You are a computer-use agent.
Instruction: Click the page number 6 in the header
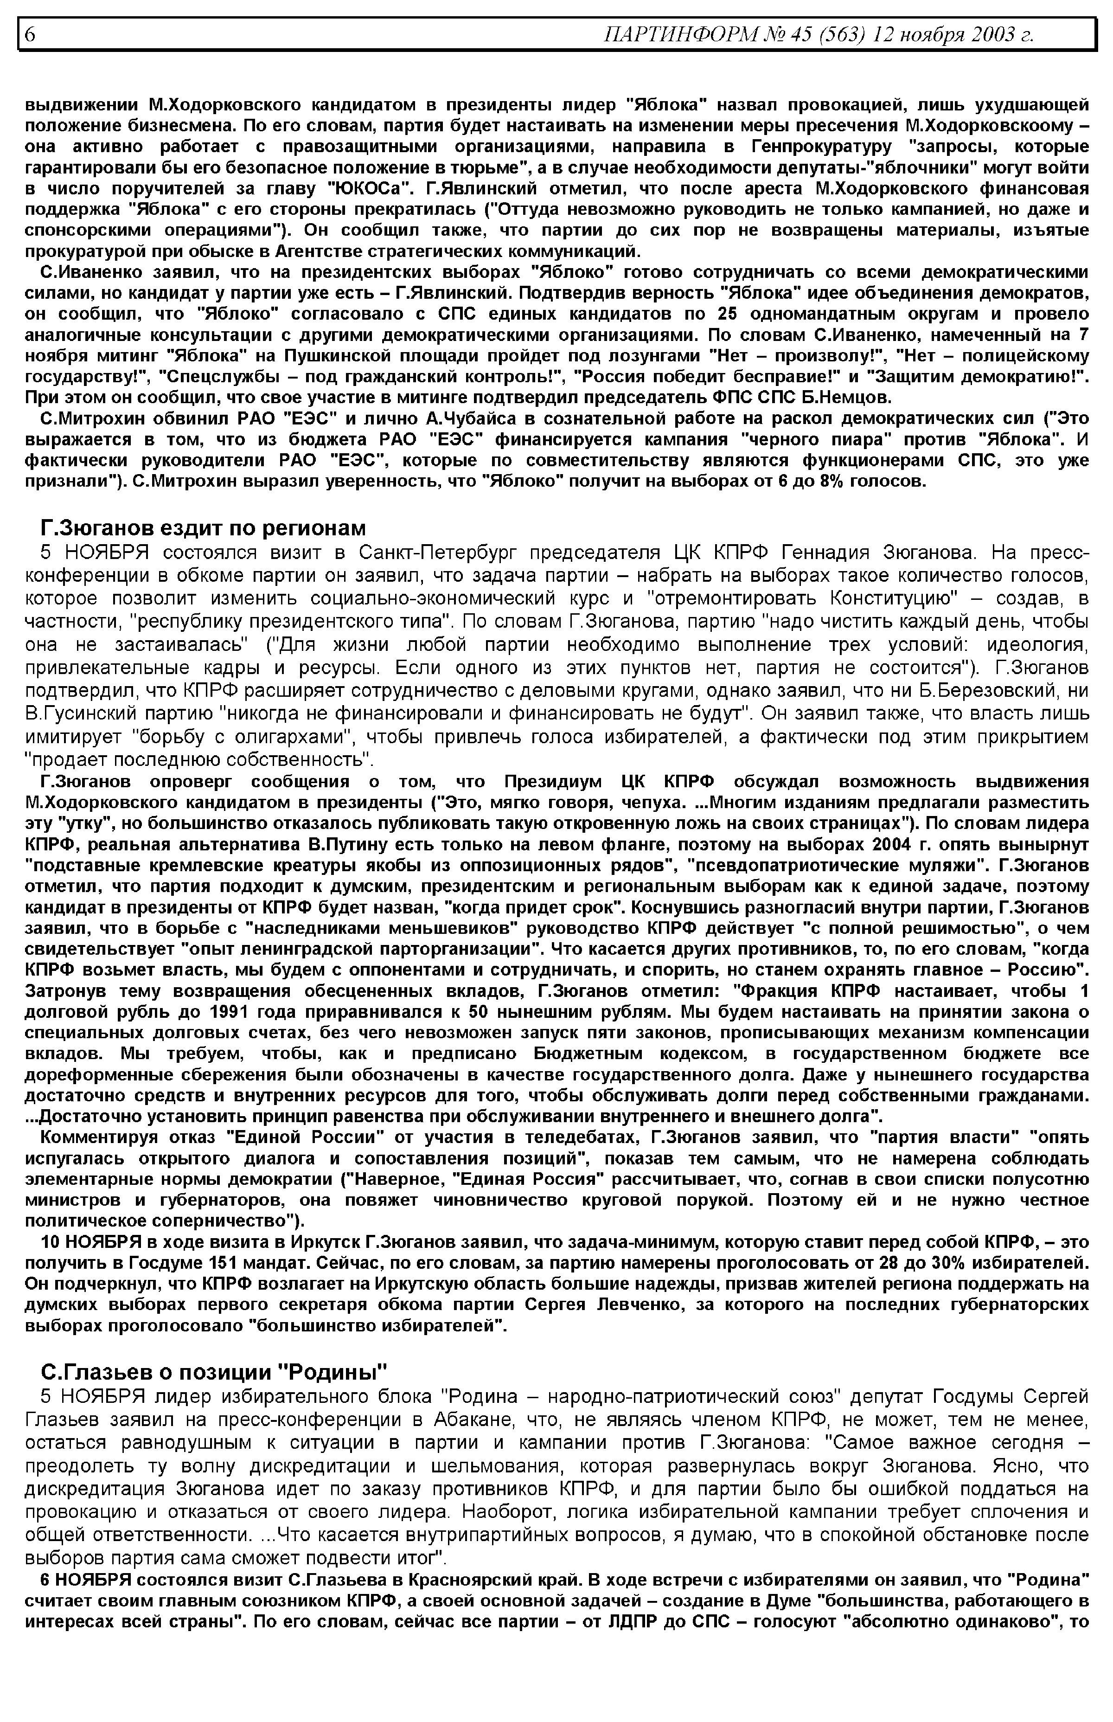click(x=30, y=34)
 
